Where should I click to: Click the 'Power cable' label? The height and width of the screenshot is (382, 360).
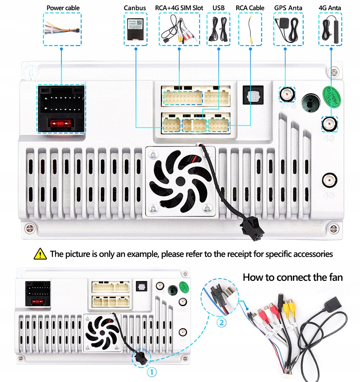63,8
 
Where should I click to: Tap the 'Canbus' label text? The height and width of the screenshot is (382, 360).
135,8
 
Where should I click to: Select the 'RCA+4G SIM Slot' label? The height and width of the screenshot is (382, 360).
179,8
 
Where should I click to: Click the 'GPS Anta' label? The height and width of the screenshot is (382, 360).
288,8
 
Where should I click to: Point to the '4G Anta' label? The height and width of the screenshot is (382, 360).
330,8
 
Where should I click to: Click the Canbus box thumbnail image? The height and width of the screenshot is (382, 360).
136,30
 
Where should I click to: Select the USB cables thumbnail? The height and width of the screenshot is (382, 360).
218,30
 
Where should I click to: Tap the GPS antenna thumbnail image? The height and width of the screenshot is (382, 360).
288,29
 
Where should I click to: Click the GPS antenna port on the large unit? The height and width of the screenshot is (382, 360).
287,94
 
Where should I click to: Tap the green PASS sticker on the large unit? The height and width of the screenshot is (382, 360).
331,96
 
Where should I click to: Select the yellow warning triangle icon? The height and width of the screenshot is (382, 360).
40,254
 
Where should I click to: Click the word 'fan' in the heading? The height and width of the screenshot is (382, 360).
334,277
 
